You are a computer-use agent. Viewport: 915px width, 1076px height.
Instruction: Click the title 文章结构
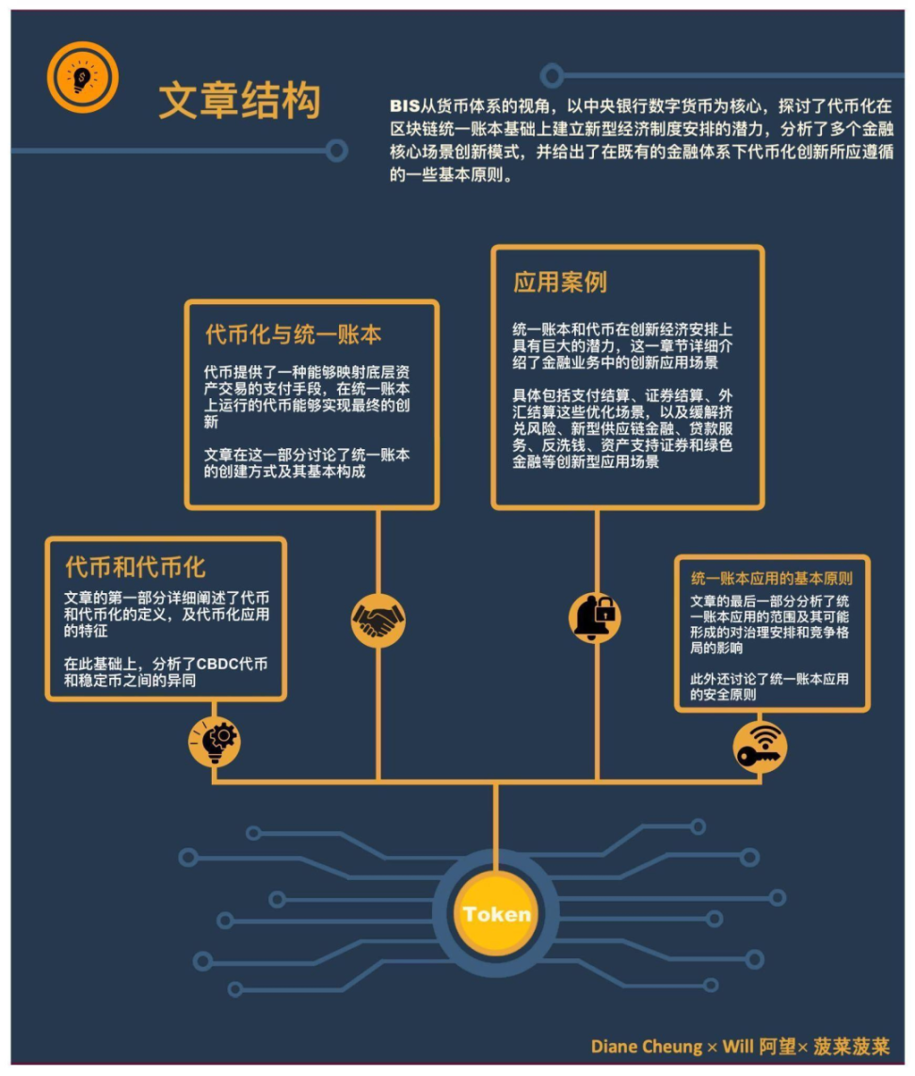pyautogui.click(x=239, y=100)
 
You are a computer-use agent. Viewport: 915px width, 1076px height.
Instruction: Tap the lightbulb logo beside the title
pyautogui.click(x=83, y=77)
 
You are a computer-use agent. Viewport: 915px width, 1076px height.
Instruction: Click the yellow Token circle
pyautogui.click(x=496, y=913)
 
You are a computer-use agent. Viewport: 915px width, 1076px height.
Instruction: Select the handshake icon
pyautogui.click(x=377, y=619)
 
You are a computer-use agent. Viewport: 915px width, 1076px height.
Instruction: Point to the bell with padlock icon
pyautogui.click(x=595, y=617)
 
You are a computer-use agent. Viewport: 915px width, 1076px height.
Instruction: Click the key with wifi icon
pyautogui.click(x=760, y=747)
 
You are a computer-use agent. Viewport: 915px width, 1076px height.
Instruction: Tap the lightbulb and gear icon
pyautogui.click(x=215, y=741)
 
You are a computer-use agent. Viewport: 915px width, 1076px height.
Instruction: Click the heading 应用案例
pyautogui.click(x=559, y=282)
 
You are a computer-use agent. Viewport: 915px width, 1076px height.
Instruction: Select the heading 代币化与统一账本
pyautogui.click(x=293, y=334)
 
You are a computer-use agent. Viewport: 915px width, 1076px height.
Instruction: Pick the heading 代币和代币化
pyautogui.click(x=136, y=568)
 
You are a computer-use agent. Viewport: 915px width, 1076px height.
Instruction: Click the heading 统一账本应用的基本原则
pyautogui.click(x=772, y=578)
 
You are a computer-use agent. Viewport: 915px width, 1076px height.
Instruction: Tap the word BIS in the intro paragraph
pyautogui.click(x=404, y=105)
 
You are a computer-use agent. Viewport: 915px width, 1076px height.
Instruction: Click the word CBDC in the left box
pyautogui.click(x=217, y=665)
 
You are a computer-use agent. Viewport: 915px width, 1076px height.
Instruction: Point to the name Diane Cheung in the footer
pyautogui.click(x=647, y=1047)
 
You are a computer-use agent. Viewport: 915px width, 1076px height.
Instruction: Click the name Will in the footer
pyautogui.click(x=738, y=1047)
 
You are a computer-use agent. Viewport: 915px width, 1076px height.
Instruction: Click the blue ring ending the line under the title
pyautogui.click(x=336, y=151)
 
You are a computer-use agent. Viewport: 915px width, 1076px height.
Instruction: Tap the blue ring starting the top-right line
pyautogui.click(x=552, y=75)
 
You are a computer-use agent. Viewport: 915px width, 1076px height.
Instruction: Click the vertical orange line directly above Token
pyautogui.click(x=495, y=827)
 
